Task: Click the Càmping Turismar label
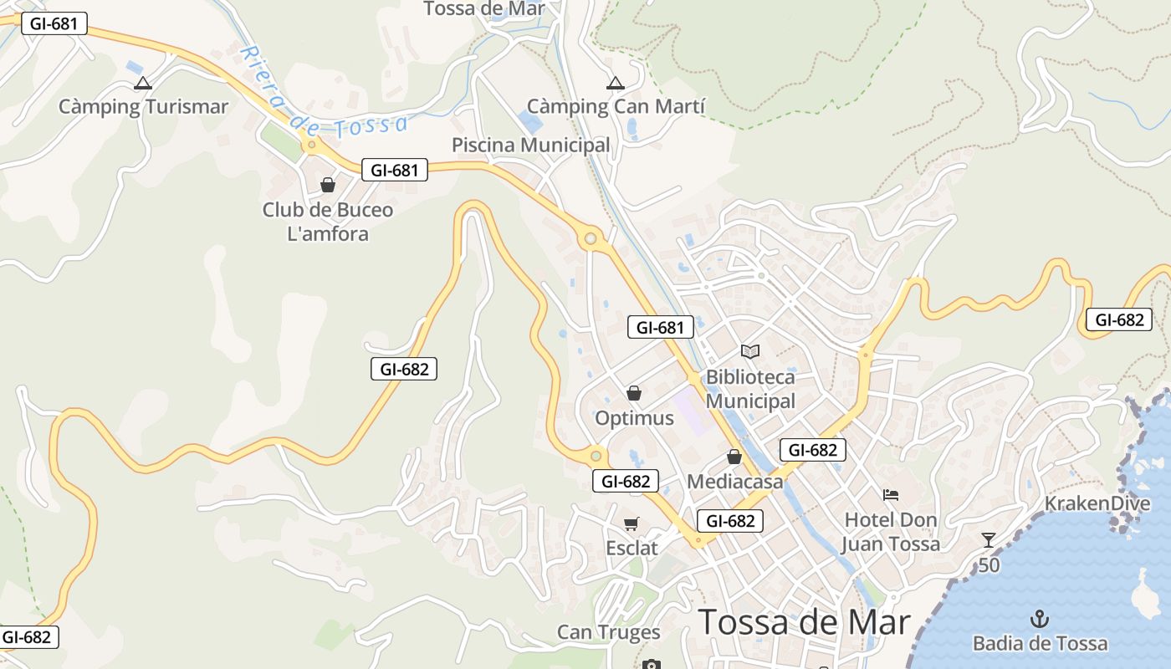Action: (x=143, y=107)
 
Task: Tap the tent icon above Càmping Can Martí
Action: (x=616, y=83)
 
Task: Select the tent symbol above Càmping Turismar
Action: (x=143, y=83)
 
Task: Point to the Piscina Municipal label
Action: (x=531, y=145)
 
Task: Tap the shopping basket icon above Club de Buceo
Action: (x=328, y=185)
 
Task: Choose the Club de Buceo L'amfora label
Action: (x=328, y=222)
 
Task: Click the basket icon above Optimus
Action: (x=634, y=393)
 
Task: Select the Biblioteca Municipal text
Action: (x=750, y=389)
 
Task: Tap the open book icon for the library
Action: (x=750, y=352)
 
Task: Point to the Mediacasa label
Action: (x=735, y=482)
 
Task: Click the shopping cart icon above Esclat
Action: (x=632, y=523)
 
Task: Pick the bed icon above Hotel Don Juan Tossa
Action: (x=891, y=495)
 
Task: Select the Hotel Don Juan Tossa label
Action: (x=891, y=532)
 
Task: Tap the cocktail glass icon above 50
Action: (x=989, y=540)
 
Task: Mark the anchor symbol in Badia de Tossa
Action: (x=1039, y=619)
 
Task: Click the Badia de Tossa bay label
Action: (x=1040, y=643)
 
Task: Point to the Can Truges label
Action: (x=609, y=632)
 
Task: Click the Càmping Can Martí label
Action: (x=616, y=107)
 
